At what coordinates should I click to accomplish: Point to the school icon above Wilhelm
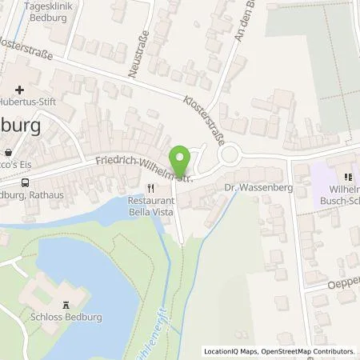(x=348, y=178)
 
